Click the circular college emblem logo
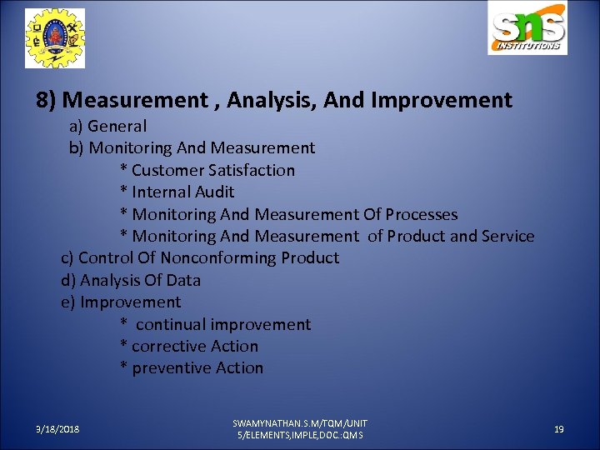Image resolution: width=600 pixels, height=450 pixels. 55,38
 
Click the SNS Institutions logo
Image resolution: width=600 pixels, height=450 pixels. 527,29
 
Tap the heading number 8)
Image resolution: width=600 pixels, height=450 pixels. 47,101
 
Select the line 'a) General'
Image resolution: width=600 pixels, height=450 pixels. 107,127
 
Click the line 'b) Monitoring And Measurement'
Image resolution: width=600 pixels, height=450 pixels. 192,148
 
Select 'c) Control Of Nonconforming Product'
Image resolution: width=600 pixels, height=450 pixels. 200,257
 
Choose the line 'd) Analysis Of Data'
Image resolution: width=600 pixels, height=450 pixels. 131,280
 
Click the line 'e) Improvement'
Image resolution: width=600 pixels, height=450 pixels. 121,302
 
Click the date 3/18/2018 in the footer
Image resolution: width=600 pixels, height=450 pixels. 57,429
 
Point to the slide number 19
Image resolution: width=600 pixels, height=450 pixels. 559,429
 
